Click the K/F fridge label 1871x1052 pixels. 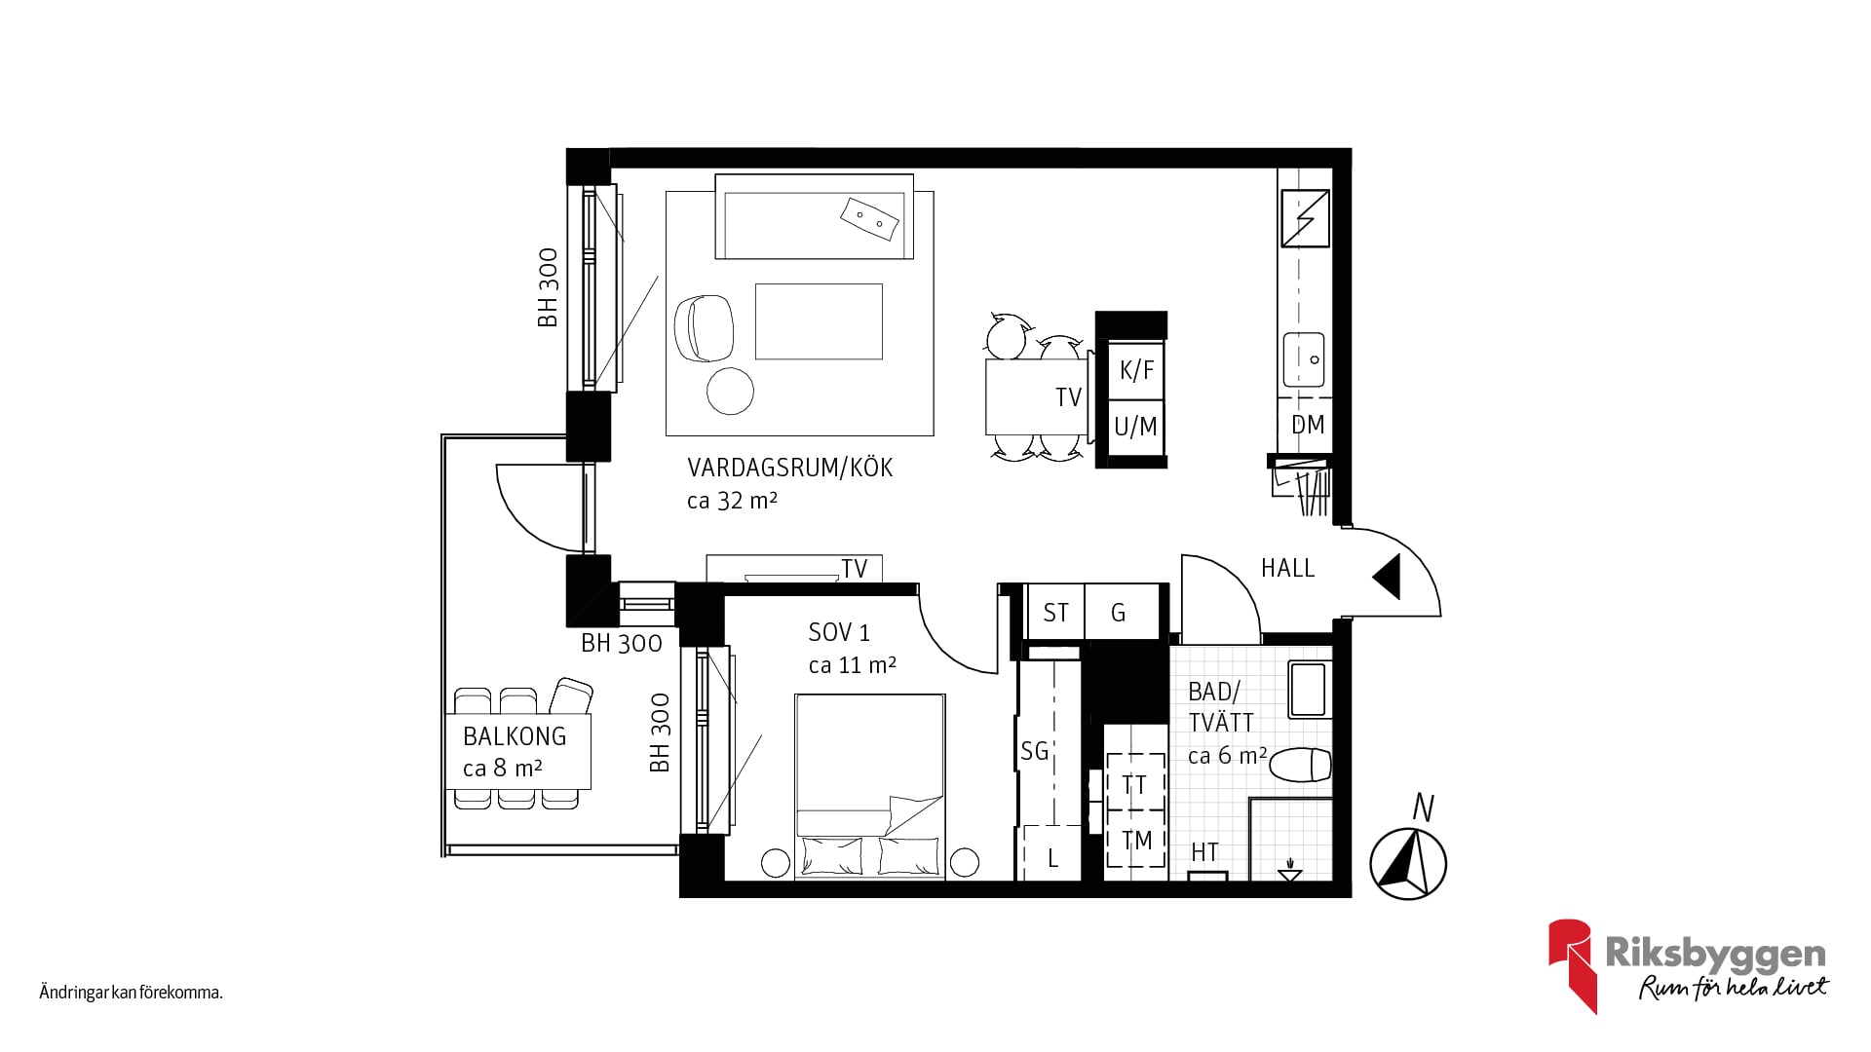click(1136, 370)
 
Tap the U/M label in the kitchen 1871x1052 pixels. click(1135, 426)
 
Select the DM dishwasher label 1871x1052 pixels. click(1308, 425)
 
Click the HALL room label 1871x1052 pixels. click(1287, 568)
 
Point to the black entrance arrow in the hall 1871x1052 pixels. click(1388, 577)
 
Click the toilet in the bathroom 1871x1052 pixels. click(1303, 765)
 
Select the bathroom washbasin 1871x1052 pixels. click(1308, 690)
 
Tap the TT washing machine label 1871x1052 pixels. click(1134, 785)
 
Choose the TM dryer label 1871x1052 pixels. click(1136, 841)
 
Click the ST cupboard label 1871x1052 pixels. click(1055, 613)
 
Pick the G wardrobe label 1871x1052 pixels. click(1119, 613)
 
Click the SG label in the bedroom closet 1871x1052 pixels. click(1034, 751)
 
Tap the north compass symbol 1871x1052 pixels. click(1408, 863)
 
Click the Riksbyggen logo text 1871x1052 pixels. click(1715, 955)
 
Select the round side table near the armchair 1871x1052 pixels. click(730, 391)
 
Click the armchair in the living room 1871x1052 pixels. click(703, 328)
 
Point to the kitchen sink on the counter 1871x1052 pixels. click(1304, 359)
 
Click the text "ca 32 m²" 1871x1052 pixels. click(732, 501)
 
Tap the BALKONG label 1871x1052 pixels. click(515, 736)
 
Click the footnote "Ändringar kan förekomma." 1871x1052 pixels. click(132, 994)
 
